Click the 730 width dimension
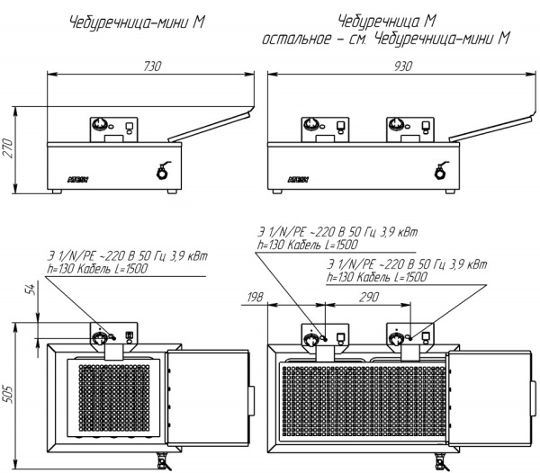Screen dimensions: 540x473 click(x=152, y=67)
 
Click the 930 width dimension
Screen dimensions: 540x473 click(x=402, y=67)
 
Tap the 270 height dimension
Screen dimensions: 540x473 click(x=8, y=148)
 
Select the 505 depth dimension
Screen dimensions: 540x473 click(x=8, y=394)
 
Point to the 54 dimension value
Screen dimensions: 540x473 click(x=31, y=290)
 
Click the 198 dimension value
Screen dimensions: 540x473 click(x=255, y=297)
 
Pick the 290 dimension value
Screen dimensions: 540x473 click(x=369, y=297)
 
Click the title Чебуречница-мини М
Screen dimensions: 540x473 click(x=137, y=23)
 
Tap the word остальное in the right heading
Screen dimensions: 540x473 click(x=296, y=39)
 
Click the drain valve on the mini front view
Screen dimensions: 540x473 click(x=163, y=171)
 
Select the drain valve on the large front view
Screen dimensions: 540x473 click(x=441, y=171)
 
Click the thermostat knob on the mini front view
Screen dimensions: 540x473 click(x=102, y=125)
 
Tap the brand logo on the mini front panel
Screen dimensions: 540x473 click(x=77, y=180)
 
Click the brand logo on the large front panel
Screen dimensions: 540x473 click(x=298, y=180)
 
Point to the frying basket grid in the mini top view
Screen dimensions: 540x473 click(x=114, y=398)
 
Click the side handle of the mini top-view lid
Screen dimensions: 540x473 click(x=252, y=401)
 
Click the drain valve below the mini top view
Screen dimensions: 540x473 click(x=163, y=462)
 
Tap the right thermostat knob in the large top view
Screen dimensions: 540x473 click(x=396, y=339)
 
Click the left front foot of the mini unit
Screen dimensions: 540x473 click(x=57, y=192)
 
